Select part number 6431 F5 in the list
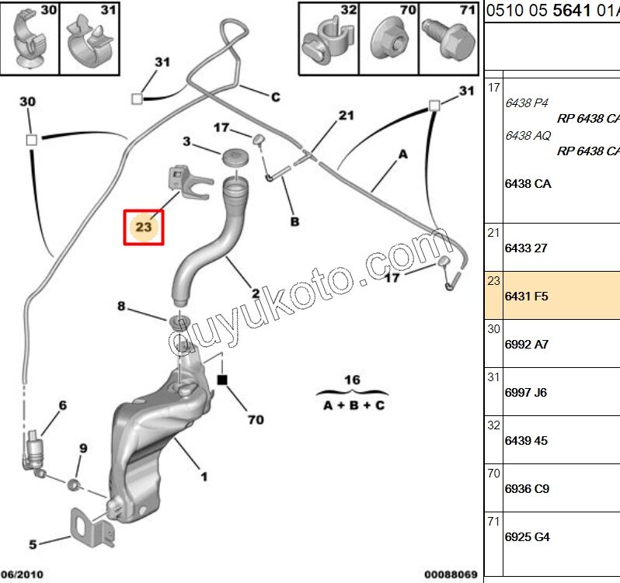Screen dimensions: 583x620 click(x=527, y=296)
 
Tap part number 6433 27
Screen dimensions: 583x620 click(x=527, y=248)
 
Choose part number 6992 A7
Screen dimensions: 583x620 click(x=527, y=344)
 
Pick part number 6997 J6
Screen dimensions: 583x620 click(x=526, y=393)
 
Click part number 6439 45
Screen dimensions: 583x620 click(x=526, y=440)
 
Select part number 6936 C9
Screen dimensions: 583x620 click(x=527, y=488)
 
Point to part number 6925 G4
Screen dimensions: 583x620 click(x=527, y=536)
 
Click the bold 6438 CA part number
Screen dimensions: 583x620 click(x=528, y=184)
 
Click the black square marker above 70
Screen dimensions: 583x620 click(x=222, y=380)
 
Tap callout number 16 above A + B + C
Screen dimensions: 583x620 click(x=353, y=380)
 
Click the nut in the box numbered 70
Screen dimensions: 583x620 click(x=385, y=36)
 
